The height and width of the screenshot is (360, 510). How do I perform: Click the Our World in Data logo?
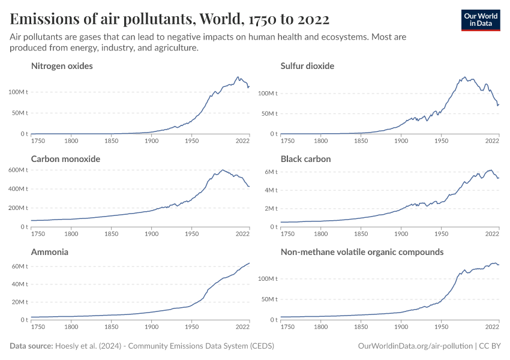tap(480, 19)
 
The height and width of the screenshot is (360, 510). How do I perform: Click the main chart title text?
tap(169, 19)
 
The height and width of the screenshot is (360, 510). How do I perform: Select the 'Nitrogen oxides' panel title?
tap(62, 66)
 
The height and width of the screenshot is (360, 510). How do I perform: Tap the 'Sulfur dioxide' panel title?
tap(307, 66)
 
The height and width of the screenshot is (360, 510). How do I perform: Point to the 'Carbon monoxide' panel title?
tap(65, 159)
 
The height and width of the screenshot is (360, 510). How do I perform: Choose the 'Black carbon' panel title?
tap(305, 159)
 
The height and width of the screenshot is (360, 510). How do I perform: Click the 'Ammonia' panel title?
tap(49, 252)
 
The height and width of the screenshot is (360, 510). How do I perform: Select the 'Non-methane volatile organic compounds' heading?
tap(362, 252)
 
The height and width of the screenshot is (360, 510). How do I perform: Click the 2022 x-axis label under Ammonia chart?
tap(242, 328)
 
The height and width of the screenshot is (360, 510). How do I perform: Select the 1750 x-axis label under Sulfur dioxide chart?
tap(287, 142)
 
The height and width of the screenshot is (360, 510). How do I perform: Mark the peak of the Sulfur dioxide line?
tap(466, 77)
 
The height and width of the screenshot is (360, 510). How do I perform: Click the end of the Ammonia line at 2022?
tap(250, 263)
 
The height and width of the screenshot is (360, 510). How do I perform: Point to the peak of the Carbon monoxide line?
tap(222, 170)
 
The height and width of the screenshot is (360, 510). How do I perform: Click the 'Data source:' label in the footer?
tap(31, 346)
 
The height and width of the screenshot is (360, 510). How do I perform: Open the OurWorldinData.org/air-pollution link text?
tap(414, 346)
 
